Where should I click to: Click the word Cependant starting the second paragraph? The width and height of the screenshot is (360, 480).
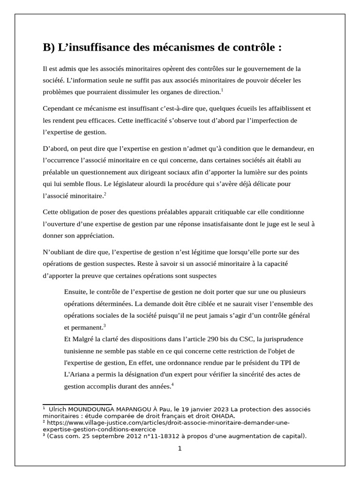click(x=60, y=108)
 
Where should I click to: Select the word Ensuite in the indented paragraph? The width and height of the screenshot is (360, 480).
click(x=75, y=292)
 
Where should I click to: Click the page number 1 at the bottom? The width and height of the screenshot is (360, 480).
click(x=180, y=449)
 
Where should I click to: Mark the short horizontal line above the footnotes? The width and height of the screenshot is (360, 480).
click(x=77, y=404)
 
